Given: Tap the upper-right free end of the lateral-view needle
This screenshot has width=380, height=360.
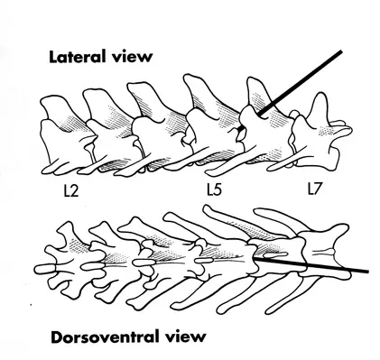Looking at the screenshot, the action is [342, 52].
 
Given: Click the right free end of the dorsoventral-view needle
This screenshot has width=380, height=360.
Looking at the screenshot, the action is [367, 271].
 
